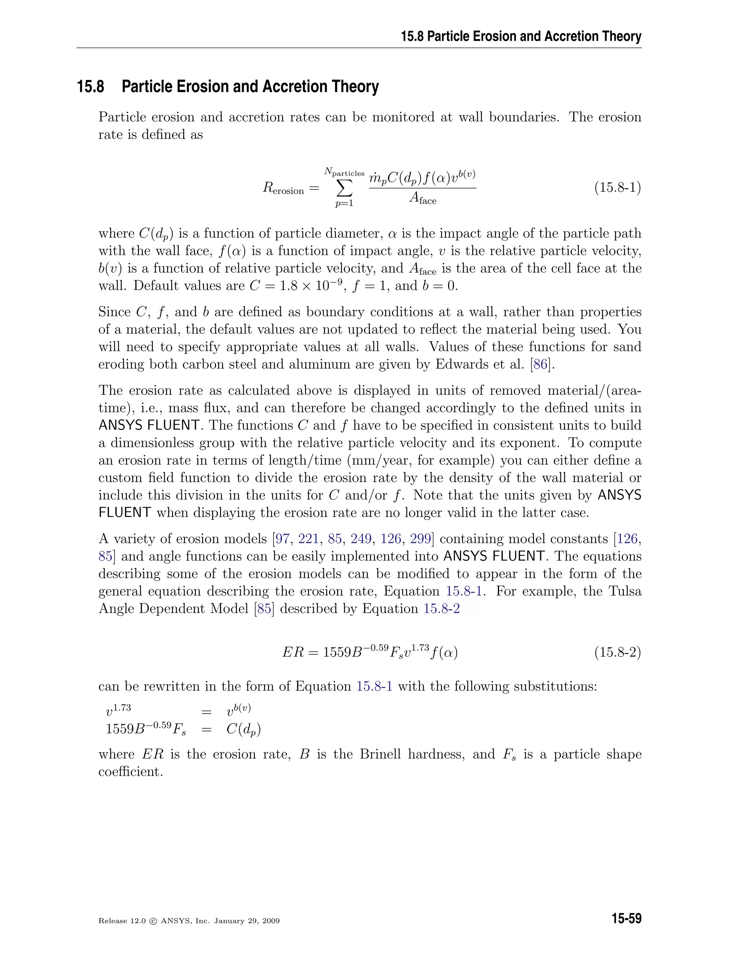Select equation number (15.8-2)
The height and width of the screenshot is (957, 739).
(617, 653)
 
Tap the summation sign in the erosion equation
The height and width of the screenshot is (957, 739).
(344, 189)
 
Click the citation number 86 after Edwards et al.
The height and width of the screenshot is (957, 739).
(541, 364)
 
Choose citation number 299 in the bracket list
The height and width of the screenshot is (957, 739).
(420, 538)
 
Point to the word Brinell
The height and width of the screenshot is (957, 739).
(380, 754)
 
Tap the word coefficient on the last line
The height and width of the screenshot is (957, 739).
(131, 772)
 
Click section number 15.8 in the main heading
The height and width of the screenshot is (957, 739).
(91, 86)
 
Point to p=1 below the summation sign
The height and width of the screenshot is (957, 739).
(344, 203)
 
